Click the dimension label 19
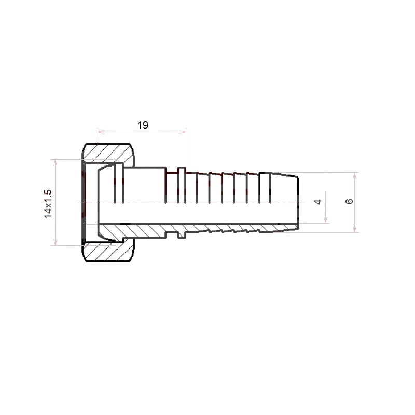(143, 125)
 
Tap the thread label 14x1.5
(48, 204)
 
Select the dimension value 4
(317, 202)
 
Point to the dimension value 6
(349, 201)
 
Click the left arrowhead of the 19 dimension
(101, 132)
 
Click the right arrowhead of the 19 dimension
(183, 132)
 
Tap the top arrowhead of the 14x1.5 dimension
(56, 163)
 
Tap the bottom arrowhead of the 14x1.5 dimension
(56, 242)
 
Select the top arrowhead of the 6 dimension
(355, 176)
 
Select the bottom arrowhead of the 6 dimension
(355, 229)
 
